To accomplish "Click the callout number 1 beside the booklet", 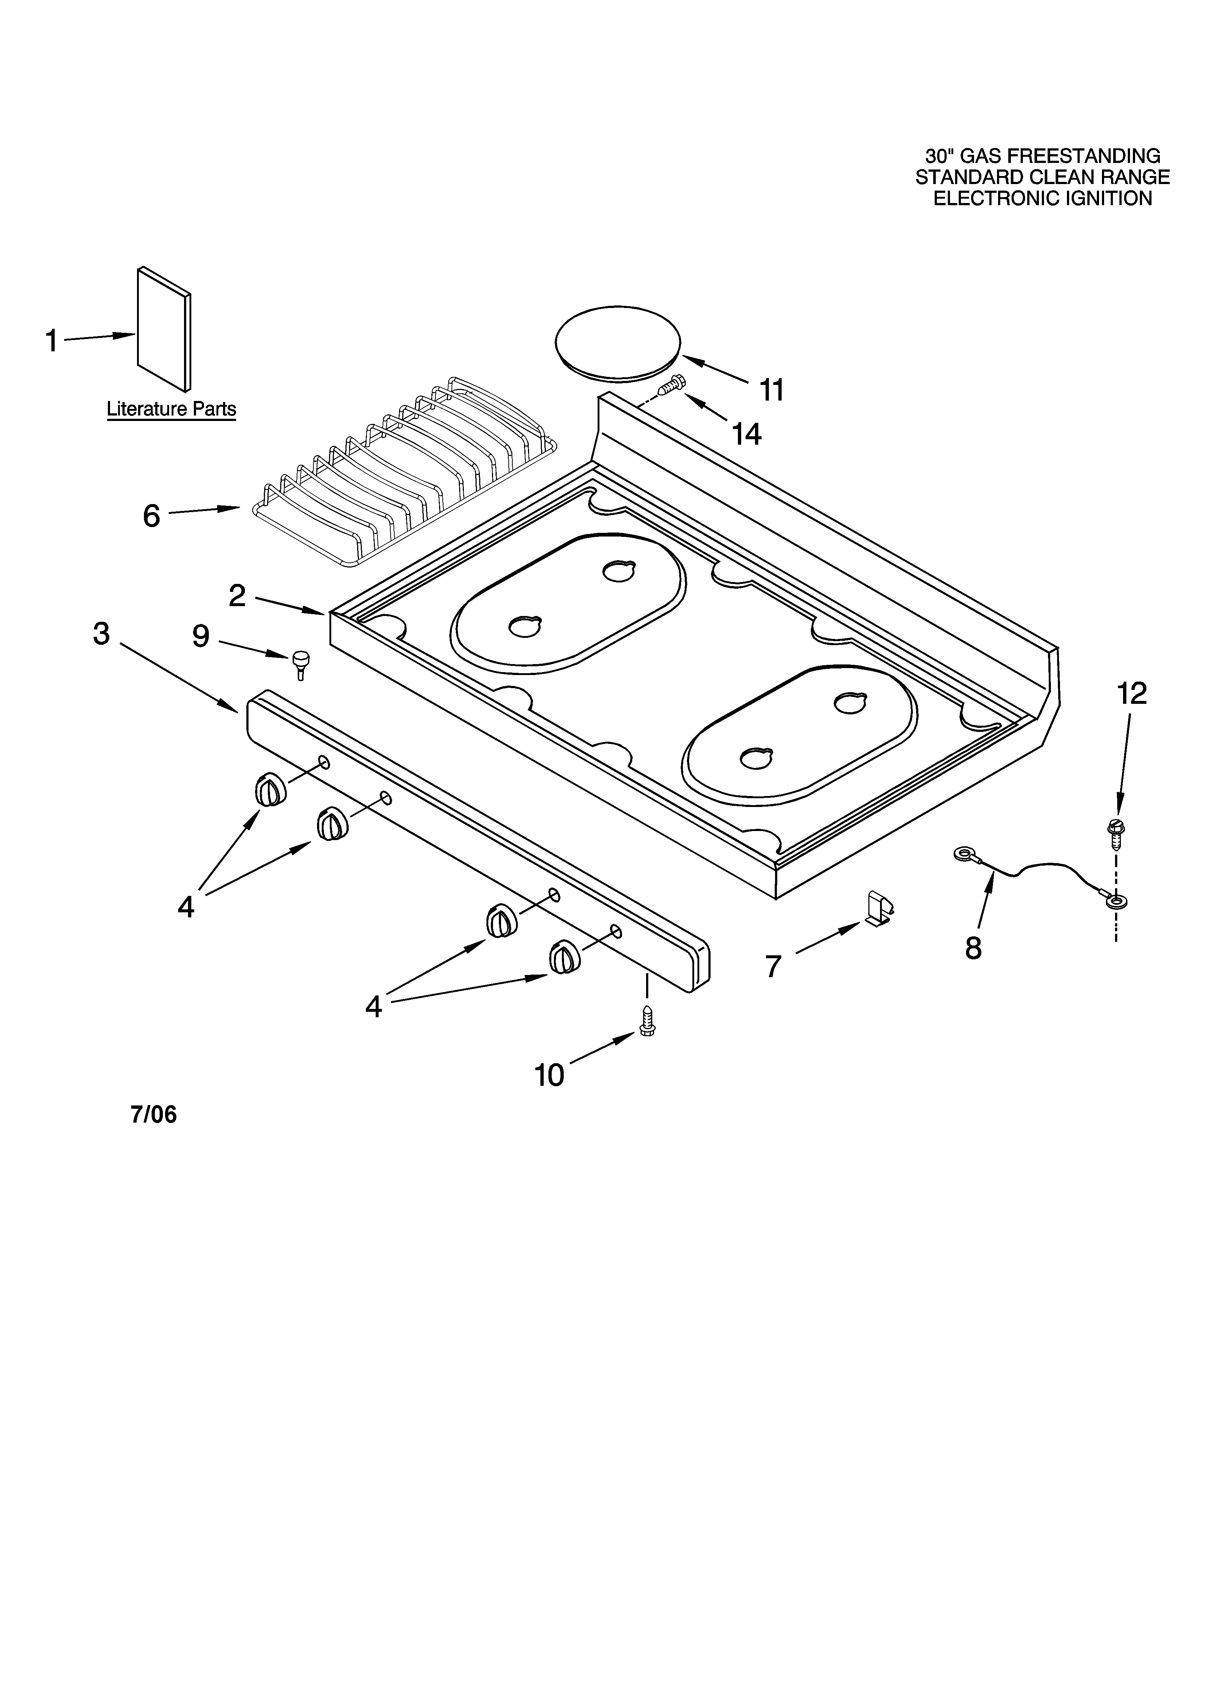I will [x=51, y=341].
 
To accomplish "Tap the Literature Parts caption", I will [x=172, y=409].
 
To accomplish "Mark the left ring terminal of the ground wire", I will [x=964, y=856].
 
